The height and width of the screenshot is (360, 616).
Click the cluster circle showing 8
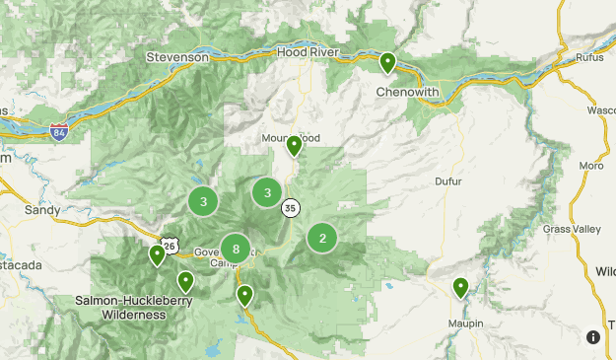236,249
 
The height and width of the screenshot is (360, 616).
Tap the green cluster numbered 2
322,238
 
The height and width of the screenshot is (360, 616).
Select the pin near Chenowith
388,63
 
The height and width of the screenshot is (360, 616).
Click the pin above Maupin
460,287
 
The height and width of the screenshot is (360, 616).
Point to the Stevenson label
177,57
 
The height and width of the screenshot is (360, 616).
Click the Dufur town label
448,180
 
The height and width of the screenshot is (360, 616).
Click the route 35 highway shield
290,208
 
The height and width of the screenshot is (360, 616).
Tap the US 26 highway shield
171,244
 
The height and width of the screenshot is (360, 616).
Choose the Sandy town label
42,210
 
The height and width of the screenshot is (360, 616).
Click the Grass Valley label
571,230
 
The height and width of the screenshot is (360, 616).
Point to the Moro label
591,166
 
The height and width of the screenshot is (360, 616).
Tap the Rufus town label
588,56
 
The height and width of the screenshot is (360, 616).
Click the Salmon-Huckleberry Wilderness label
120,307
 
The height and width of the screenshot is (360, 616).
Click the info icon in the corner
593,337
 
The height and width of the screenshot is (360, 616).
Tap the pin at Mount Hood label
294,146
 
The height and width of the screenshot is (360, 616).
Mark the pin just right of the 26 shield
185,281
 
